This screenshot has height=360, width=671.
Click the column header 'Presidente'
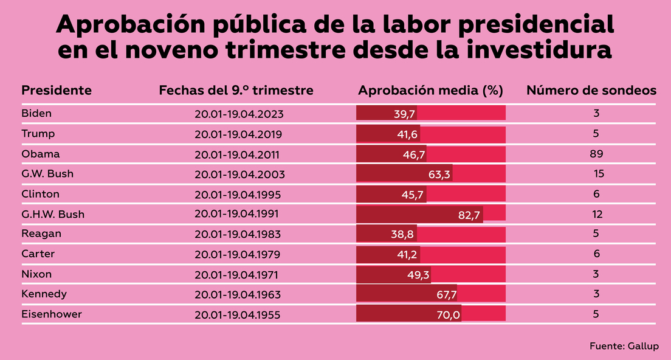(x=57, y=91)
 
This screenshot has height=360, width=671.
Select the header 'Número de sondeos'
(x=591, y=91)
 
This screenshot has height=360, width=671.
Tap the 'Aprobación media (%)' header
(x=431, y=91)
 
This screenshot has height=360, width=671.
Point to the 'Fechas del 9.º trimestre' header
(x=236, y=91)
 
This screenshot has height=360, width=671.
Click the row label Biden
(x=36, y=114)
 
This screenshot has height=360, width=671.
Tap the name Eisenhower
(x=52, y=314)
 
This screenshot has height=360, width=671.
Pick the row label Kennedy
(x=44, y=294)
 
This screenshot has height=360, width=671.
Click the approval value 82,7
(x=469, y=214)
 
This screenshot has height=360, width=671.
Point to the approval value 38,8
(x=404, y=234)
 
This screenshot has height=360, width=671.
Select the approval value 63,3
(x=439, y=175)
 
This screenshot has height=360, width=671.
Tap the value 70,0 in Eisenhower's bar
(x=449, y=314)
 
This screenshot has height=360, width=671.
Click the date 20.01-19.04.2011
(x=239, y=154)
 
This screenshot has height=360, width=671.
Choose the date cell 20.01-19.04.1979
(x=239, y=254)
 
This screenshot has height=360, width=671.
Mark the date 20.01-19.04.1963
(x=239, y=294)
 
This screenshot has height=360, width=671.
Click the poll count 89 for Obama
(x=596, y=154)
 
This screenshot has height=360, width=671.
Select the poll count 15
(x=599, y=175)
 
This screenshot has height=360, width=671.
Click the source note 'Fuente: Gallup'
(x=624, y=346)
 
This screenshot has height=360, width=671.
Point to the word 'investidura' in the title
(x=529, y=50)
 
